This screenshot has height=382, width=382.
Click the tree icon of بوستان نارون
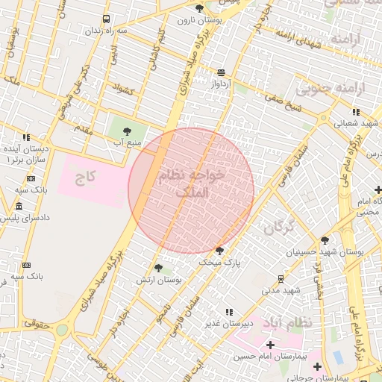pos(199,8)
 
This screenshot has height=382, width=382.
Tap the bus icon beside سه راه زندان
pos(107,19)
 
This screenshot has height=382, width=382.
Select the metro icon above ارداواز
pos(222,72)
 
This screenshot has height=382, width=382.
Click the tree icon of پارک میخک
pos(219,251)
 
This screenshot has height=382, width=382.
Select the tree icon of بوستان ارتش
pos(158,268)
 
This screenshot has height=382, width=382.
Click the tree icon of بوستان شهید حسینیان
pos(325,240)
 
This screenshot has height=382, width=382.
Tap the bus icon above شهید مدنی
pos(281,278)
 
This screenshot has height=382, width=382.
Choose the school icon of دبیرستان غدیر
pos(228,312)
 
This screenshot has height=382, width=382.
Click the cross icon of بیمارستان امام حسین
pos(269,345)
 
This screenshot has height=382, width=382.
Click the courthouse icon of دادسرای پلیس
pos(19,206)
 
